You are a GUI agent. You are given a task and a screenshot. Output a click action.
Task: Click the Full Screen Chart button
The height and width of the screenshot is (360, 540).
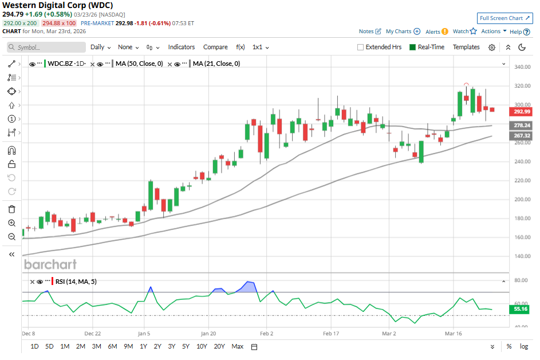[504, 18]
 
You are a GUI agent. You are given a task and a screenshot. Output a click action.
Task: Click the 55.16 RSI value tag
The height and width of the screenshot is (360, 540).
[521, 310]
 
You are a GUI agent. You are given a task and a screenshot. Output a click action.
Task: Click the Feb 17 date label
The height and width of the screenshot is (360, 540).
[332, 333]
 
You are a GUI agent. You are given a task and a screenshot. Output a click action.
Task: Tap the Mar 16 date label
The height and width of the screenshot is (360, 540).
[453, 333]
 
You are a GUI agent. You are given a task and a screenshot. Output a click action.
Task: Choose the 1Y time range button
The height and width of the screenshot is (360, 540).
[143, 346]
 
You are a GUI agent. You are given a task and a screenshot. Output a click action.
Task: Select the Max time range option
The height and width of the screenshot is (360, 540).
[237, 346]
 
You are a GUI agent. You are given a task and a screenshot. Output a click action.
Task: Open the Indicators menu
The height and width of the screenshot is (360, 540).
[182, 48]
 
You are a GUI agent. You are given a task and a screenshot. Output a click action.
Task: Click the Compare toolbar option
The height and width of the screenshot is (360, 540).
[215, 48]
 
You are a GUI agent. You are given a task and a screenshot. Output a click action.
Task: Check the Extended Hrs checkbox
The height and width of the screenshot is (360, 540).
[361, 48]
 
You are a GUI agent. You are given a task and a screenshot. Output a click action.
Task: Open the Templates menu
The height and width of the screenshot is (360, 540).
[466, 48]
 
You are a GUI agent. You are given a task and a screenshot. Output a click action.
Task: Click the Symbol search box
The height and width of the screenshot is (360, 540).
[46, 48]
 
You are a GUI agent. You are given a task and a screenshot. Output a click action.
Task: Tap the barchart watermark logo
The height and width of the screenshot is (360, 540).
[50, 264]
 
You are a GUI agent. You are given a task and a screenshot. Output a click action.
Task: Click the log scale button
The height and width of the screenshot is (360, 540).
[524, 346]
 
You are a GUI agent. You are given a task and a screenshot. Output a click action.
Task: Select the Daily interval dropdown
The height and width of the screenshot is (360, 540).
[100, 48]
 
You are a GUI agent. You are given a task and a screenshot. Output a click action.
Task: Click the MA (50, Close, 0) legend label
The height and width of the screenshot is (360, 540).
[139, 64]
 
